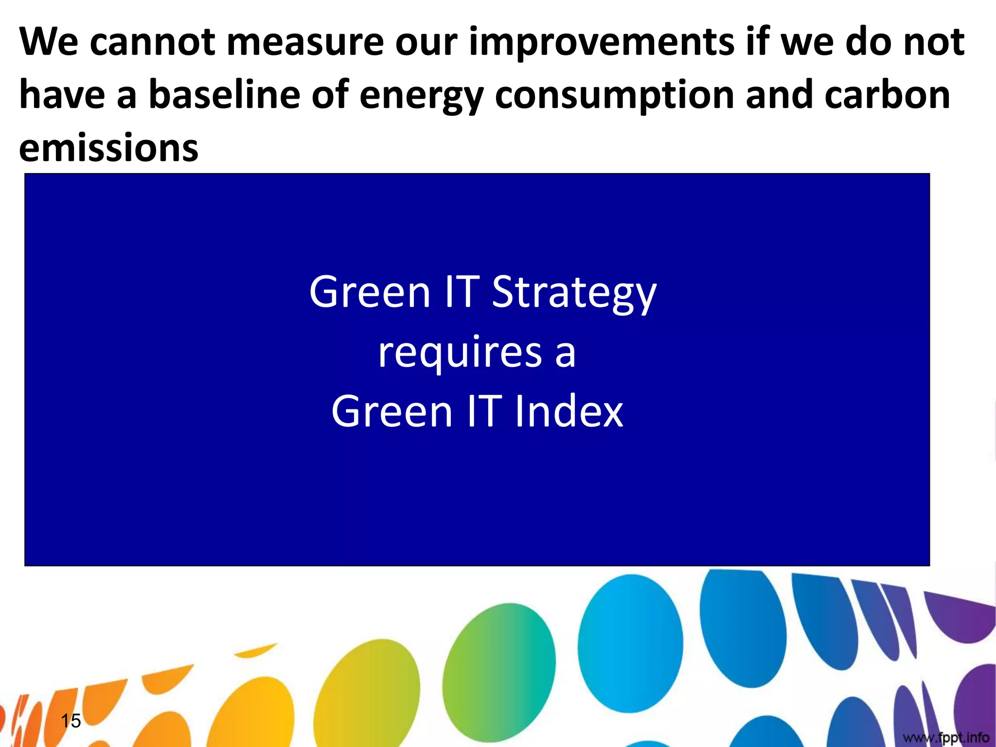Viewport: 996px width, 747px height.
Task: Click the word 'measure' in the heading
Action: (305, 42)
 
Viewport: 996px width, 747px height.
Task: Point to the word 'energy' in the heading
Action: (421, 96)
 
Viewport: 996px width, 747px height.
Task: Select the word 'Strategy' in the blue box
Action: (574, 293)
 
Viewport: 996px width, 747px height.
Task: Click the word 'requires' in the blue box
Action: (460, 353)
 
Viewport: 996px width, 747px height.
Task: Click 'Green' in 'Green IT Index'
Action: (391, 411)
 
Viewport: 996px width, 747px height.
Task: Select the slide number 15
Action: (71, 720)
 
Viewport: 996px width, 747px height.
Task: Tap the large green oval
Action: (498, 671)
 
